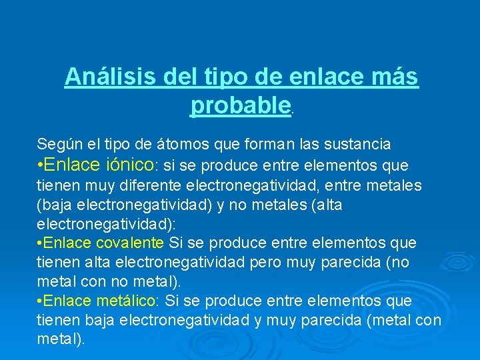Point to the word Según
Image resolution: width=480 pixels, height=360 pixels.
56,144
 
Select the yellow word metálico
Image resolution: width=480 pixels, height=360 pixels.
129,300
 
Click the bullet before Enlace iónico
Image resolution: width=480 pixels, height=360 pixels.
41,165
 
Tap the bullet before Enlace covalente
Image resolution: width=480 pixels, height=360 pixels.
40,242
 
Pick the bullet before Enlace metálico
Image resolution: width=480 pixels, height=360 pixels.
40,300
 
